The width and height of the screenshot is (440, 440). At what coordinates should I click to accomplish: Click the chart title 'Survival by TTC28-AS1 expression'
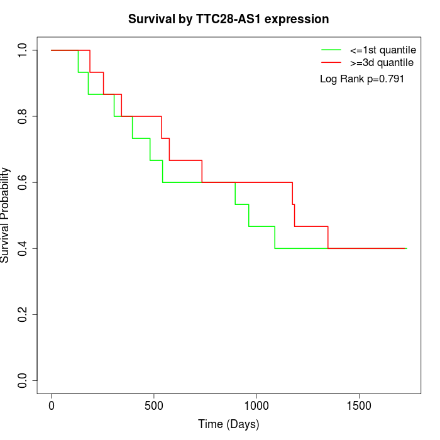[x=228, y=19]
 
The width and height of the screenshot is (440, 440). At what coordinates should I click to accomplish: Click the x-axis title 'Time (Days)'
[x=228, y=424]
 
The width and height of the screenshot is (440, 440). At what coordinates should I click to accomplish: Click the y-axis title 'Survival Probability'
[x=6, y=215]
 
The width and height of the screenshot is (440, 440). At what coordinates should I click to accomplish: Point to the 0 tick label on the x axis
[x=52, y=402]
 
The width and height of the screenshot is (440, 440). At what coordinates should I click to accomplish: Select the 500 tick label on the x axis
[x=154, y=402]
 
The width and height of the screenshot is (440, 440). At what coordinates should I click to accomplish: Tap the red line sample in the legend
[x=331, y=62]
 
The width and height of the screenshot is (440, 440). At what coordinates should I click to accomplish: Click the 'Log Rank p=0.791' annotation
[x=362, y=79]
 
